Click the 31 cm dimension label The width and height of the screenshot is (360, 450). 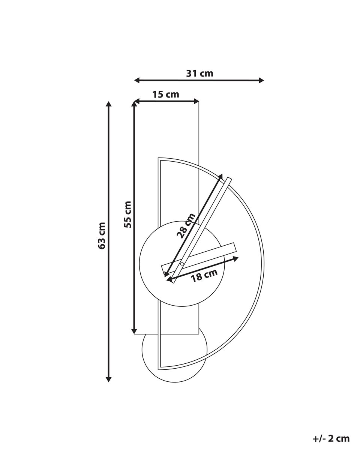pyautogui.click(x=199, y=73)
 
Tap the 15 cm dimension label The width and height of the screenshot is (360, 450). pyautogui.click(x=166, y=94)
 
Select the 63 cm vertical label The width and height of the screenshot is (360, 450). pyautogui.click(x=102, y=235)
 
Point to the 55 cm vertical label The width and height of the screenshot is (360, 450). pyautogui.click(x=127, y=214)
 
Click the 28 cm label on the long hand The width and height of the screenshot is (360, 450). pyautogui.click(x=186, y=226)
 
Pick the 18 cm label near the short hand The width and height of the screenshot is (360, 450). pyautogui.click(x=204, y=275)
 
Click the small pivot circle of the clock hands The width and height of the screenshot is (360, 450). pyautogui.click(x=182, y=264)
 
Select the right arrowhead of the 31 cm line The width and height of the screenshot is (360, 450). pyautogui.click(x=261, y=80)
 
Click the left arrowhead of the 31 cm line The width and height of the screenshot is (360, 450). pyautogui.click(x=137, y=80)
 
